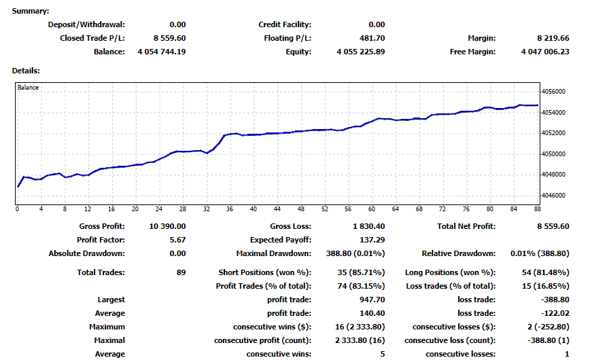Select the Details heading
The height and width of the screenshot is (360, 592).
(x=26, y=70)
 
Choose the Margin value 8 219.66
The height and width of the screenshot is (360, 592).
(x=553, y=38)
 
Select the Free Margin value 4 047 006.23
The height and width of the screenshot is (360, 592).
(x=545, y=52)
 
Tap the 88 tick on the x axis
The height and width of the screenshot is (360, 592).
(x=536, y=209)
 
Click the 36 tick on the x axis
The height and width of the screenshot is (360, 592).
(x=230, y=209)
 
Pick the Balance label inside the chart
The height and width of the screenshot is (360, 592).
(x=28, y=88)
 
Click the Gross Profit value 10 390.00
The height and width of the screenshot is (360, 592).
(x=167, y=226)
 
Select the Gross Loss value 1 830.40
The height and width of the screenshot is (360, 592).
(x=370, y=226)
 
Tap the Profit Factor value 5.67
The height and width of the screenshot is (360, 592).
(x=178, y=240)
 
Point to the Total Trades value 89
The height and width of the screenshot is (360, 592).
(x=181, y=272)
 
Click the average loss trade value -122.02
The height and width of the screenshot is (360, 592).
(x=555, y=313)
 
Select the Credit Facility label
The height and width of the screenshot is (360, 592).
(x=285, y=24)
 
